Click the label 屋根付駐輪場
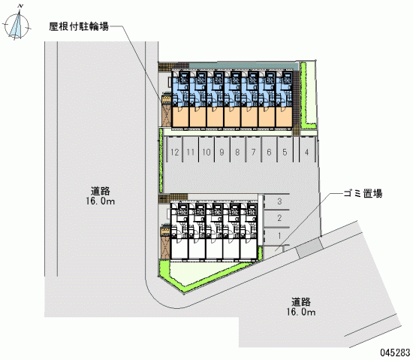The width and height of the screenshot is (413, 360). click(x=79, y=26)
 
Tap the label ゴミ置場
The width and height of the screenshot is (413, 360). click(x=363, y=193)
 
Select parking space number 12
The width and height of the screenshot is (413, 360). click(x=175, y=152)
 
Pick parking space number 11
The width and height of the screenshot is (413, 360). click(x=191, y=152)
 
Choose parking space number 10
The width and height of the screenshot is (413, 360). click(x=206, y=152)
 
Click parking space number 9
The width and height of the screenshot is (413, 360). click(x=222, y=152)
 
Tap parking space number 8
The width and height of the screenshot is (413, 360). click(x=237, y=152)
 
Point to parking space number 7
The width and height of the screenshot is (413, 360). click(x=253, y=152)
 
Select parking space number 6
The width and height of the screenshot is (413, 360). click(x=269, y=152)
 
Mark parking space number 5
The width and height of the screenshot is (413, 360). click(x=285, y=152)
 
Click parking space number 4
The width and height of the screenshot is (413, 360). click(x=307, y=152)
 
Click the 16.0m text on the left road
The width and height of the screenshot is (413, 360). click(x=100, y=201)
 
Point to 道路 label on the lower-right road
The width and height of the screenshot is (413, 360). click(x=301, y=302)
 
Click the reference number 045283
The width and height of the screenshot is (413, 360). click(x=395, y=352)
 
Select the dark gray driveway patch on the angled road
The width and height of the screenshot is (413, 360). click(x=309, y=248)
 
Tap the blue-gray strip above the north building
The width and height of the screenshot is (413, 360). click(x=243, y=66)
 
